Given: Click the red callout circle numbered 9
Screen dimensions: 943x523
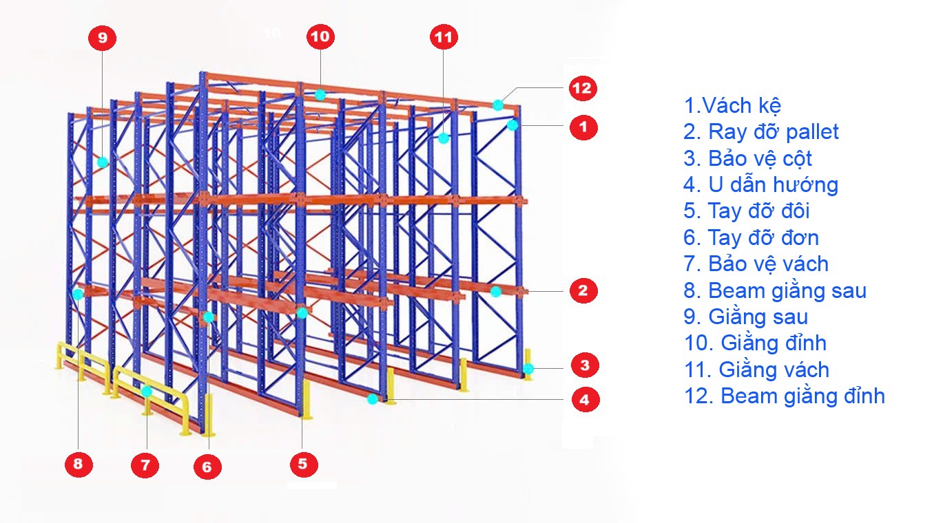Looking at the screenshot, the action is tap(103, 38).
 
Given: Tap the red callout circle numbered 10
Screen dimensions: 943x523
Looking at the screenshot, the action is tap(320, 36).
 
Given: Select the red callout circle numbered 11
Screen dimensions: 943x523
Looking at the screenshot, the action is tap(444, 37).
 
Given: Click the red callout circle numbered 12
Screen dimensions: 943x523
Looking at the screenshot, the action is tap(583, 88).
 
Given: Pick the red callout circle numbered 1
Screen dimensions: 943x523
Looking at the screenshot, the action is tap(583, 127).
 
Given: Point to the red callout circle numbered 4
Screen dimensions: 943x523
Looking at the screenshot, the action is tap(586, 399).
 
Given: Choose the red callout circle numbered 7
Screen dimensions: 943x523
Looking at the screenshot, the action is tap(145, 465).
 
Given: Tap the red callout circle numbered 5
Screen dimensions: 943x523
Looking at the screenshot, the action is tap(304, 464).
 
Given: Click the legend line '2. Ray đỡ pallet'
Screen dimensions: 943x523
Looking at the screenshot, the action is tap(760, 132).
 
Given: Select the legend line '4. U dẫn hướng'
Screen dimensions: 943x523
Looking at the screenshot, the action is tap(760, 185).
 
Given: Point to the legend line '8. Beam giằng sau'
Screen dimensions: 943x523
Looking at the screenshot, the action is tap(775, 291).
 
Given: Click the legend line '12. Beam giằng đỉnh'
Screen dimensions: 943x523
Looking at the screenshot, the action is tap(785, 396).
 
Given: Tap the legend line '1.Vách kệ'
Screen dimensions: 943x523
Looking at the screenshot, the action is tap(732, 105).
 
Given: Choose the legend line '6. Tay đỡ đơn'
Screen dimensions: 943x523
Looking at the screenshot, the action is tap(751, 238).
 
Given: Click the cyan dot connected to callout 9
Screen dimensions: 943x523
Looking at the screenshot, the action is tap(103, 162).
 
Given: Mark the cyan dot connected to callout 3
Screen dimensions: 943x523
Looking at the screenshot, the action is tap(528, 369).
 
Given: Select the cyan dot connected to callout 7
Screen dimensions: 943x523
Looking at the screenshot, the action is tap(146, 392).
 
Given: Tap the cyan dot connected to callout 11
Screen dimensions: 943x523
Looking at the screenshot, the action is tap(444, 138).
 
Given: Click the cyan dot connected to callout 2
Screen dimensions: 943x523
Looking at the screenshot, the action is tap(496, 291).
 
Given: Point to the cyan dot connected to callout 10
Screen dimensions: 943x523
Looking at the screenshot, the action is tap(320, 95).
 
